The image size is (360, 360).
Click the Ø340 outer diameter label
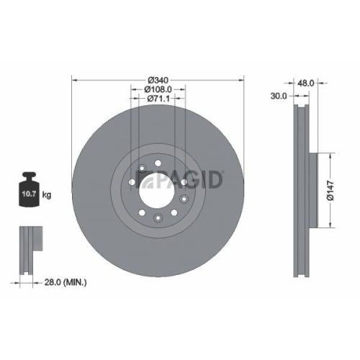tap(158, 80)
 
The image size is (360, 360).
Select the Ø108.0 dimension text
tap(158, 89)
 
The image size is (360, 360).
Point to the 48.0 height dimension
tap(307, 83)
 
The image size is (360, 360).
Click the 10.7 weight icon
tap(29, 190)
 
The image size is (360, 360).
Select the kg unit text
tap(47, 194)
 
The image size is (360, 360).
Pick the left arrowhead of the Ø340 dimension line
tap(75, 80)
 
